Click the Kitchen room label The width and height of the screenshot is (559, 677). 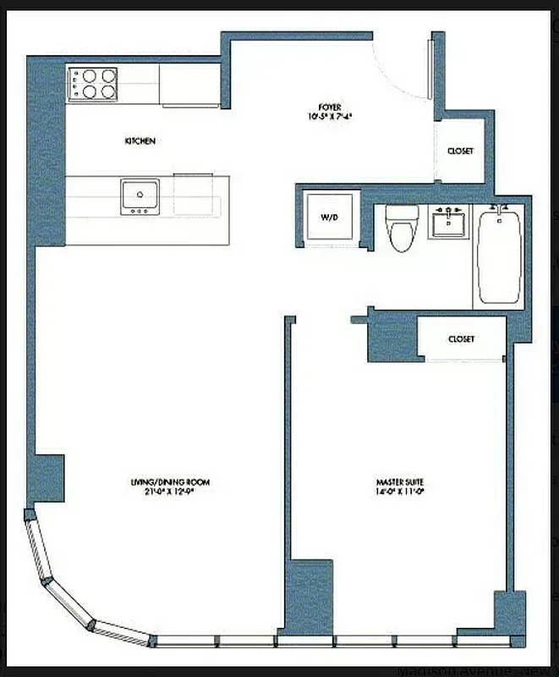point(140,141)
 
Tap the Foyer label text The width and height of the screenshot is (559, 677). point(329,107)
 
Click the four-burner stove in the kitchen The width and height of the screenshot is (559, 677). point(92,84)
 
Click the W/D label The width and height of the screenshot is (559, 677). point(329,217)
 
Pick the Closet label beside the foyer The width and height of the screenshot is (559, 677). point(460,151)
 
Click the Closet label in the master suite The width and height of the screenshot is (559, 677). point(461,338)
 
